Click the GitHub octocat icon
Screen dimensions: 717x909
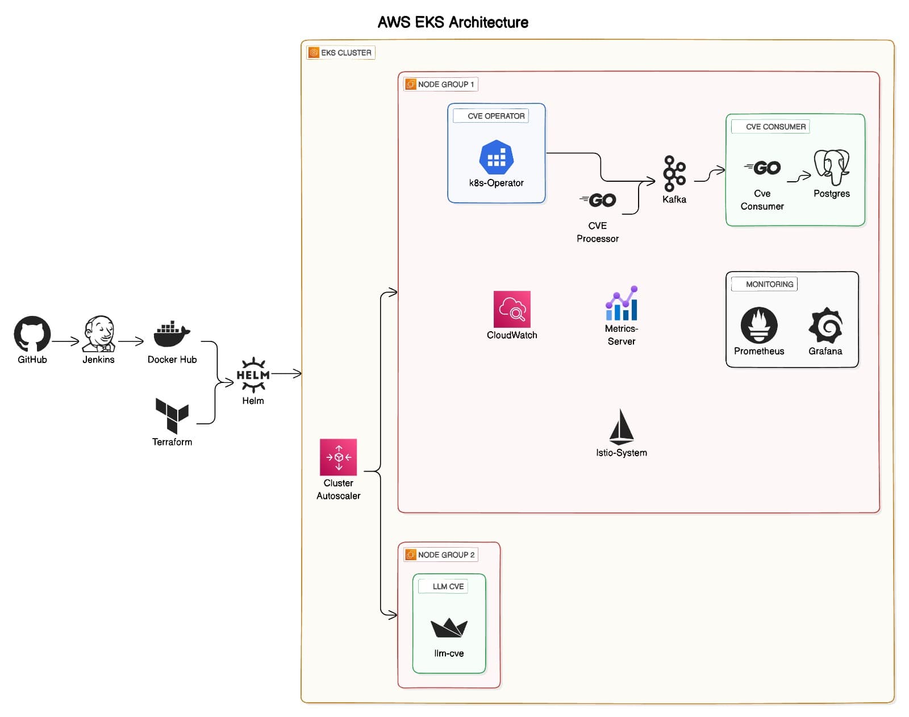(32, 334)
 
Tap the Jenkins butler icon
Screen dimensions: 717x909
(99, 334)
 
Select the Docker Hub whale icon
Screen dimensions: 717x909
(172, 334)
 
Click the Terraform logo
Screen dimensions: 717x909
(172, 415)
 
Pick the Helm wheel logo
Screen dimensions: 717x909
(253, 375)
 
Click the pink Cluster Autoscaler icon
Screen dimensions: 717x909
(339, 457)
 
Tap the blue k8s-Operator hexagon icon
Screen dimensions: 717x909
(497, 157)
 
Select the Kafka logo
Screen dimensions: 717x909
(674, 173)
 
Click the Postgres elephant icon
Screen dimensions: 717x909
(832, 167)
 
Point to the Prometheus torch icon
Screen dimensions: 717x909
(759, 325)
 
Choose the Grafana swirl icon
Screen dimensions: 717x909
(825, 325)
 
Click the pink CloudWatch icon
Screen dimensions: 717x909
(512, 309)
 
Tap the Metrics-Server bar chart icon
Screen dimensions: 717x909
(622, 303)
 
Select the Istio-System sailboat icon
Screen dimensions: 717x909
(622, 427)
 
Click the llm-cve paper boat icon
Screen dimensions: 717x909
(449, 627)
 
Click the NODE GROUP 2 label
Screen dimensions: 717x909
(446, 555)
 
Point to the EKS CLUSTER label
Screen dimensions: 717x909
(346, 53)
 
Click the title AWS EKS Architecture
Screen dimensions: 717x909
(453, 22)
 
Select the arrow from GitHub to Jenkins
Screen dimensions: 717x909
(66, 341)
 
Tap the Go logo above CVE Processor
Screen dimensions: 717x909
(598, 200)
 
